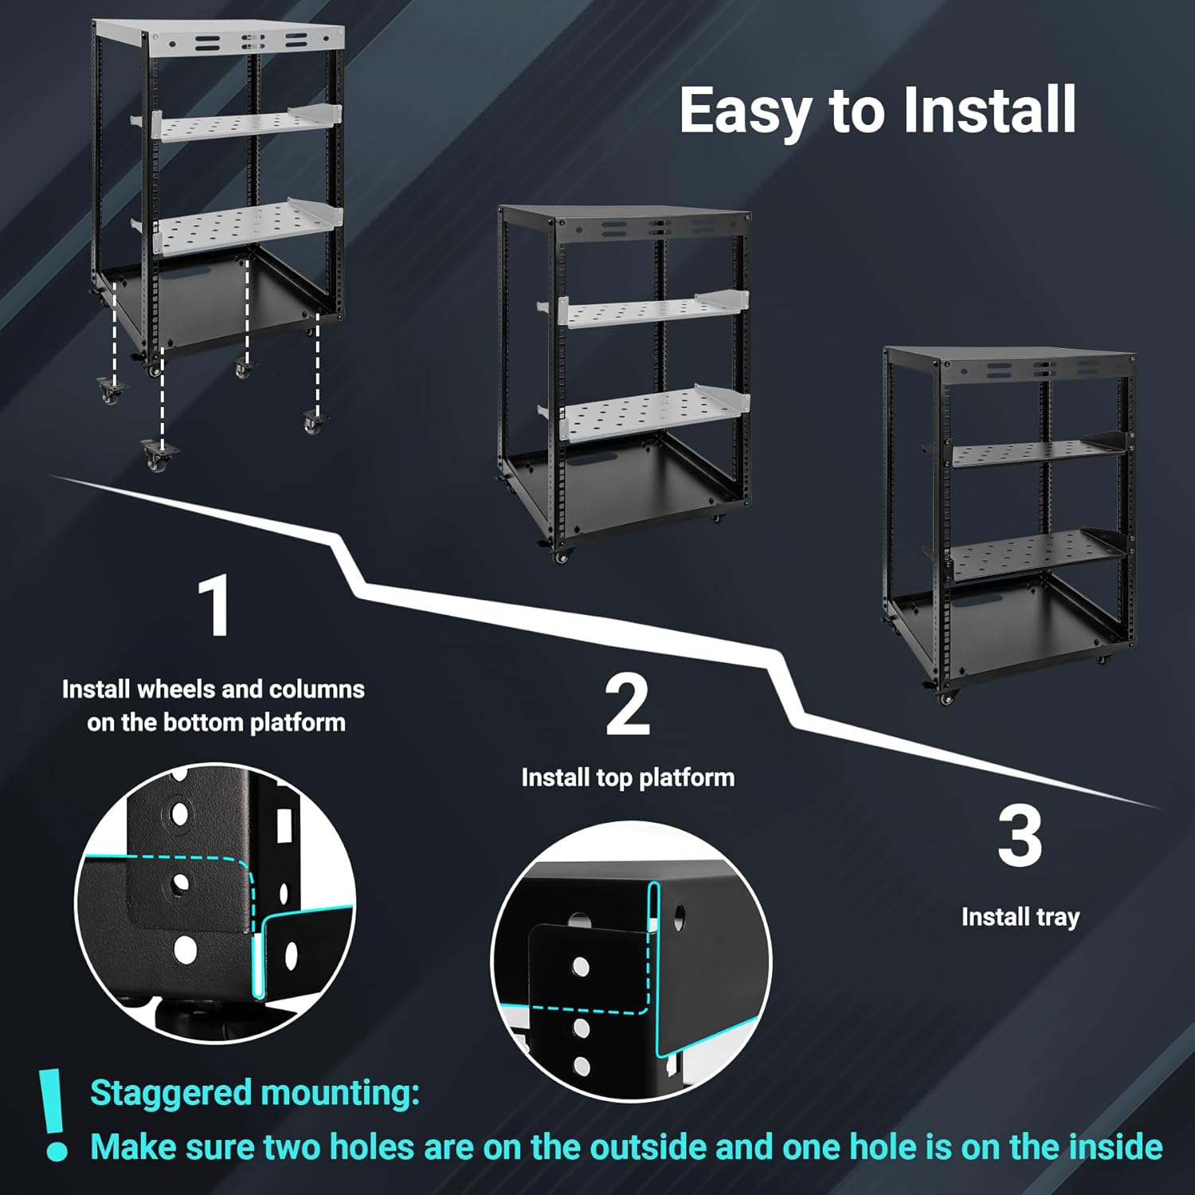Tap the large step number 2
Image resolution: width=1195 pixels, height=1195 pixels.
[x=628, y=705]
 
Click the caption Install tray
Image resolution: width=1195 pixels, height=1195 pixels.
[x=1021, y=918]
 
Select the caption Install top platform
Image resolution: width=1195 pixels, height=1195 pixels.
[x=628, y=778]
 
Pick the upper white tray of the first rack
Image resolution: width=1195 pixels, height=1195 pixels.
[x=237, y=123]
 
